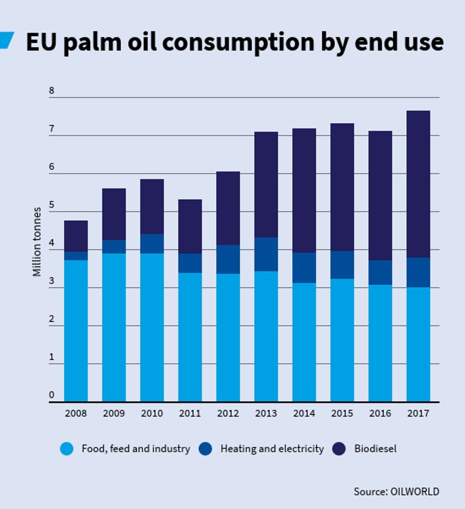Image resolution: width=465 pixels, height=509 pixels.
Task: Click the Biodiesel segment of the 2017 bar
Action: [418, 184]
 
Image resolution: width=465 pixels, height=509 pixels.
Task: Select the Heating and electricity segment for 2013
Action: [266, 254]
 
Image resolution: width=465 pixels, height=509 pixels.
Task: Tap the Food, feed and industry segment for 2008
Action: [75, 330]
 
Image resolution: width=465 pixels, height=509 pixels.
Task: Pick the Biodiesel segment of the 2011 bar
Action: [190, 226]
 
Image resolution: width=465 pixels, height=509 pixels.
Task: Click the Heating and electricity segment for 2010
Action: [152, 243]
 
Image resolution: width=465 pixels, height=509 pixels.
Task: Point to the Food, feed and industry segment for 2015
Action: [342, 340]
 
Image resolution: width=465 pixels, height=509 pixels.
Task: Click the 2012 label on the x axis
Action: [228, 414]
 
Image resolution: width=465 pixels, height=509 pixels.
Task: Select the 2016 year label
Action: [380, 414]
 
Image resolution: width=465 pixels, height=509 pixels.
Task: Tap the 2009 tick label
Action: [114, 414]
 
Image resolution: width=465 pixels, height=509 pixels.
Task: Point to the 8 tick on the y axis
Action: [52, 91]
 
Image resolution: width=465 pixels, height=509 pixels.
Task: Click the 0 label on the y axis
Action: [52, 395]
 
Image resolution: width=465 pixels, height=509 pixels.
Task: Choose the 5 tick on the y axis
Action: [52, 205]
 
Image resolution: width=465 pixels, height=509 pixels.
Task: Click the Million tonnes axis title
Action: [37, 242]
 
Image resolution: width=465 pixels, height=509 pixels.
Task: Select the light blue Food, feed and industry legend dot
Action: [67, 449]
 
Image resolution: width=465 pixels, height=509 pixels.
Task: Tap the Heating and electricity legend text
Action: [272, 449]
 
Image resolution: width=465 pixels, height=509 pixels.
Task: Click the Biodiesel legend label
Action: [375, 449]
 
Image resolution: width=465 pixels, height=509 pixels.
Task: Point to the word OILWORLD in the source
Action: [415, 491]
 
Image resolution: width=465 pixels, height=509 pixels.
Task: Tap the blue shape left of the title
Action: [6, 40]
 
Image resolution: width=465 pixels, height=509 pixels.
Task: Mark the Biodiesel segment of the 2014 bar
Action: [304, 190]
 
